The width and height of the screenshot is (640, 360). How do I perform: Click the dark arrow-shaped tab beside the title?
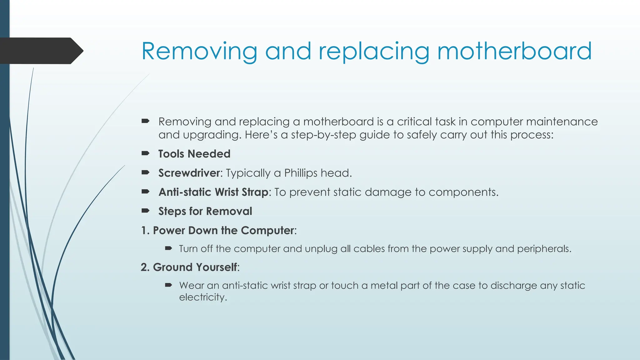click(x=41, y=51)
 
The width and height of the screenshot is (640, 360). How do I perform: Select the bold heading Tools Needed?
click(x=194, y=154)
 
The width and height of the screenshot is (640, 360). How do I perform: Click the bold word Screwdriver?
click(x=189, y=173)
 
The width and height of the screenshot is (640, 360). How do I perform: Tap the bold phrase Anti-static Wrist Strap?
click(x=213, y=192)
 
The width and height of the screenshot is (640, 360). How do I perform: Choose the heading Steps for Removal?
click(x=205, y=211)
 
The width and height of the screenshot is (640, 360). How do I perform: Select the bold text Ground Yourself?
click(x=195, y=267)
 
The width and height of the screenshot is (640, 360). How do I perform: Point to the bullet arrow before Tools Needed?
click(x=145, y=153)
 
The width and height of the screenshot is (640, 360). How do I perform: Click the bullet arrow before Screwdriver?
click(x=145, y=172)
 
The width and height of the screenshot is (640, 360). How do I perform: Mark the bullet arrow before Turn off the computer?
click(x=168, y=248)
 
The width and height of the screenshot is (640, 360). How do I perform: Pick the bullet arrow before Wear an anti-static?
click(x=168, y=285)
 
